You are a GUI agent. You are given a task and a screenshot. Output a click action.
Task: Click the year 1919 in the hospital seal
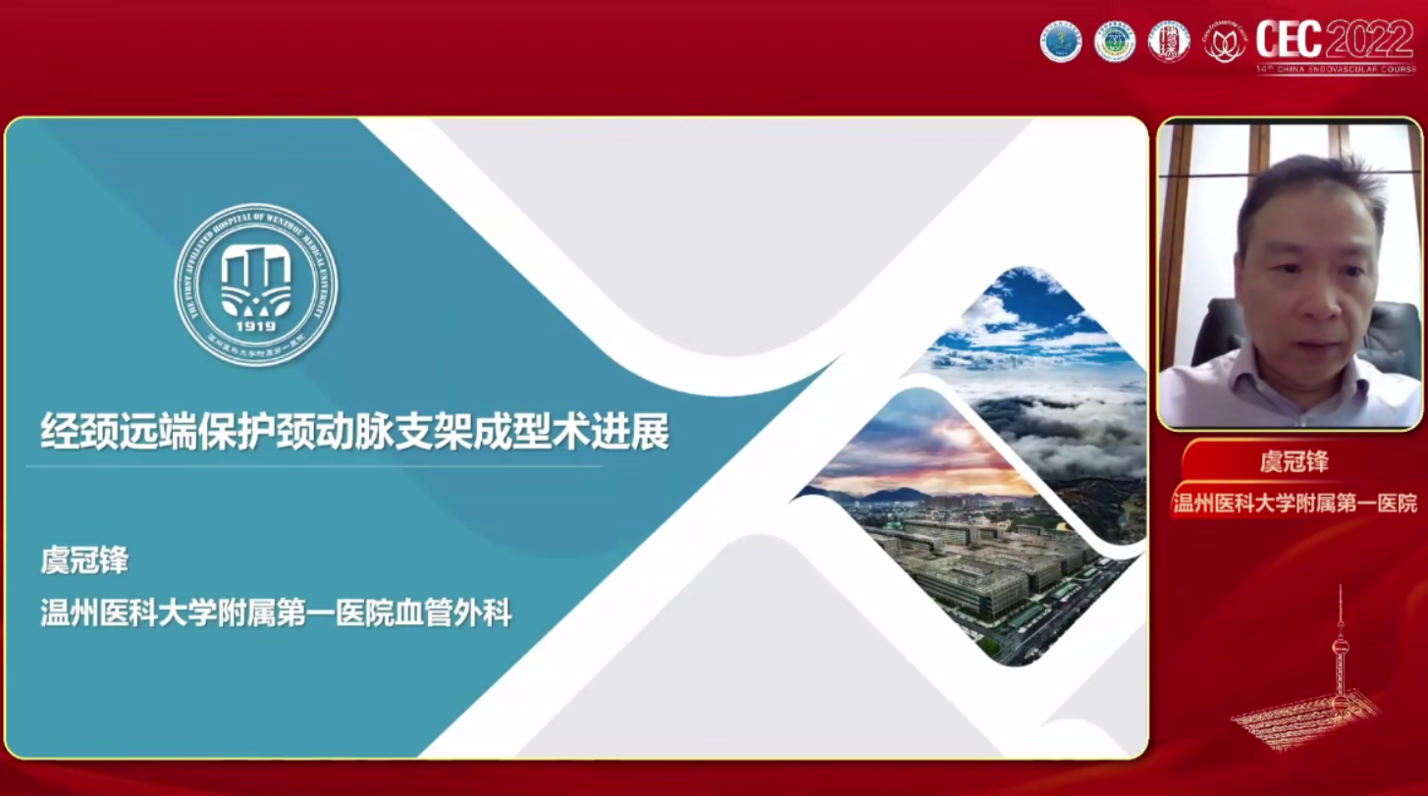click(255, 325)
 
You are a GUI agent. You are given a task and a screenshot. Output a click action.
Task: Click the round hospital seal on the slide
click(255, 285)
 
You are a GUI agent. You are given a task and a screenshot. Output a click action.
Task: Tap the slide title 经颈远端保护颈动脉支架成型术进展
click(354, 431)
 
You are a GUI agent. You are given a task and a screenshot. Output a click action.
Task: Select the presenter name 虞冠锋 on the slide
click(84, 560)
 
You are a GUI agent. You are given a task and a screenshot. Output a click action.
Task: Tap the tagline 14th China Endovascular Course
click(1336, 70)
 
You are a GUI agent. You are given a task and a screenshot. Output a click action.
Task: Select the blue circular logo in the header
click(1061, 41)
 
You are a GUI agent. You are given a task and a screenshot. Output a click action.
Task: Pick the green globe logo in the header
click(1115, 41)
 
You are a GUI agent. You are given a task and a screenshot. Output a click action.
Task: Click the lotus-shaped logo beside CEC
click(1225, 42)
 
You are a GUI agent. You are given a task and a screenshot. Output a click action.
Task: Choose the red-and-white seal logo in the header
click(1169, 41)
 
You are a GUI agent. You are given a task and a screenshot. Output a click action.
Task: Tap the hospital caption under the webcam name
click(1295, 504)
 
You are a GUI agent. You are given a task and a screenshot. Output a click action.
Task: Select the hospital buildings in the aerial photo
click(972, 569)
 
